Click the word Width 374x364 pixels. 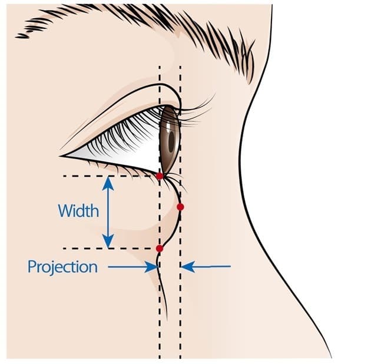coord(78,210)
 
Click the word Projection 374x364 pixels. coord(62,267)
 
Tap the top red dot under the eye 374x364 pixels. coord(160,176)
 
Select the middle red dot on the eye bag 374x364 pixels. coord(180,207)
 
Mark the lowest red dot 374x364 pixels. coord(160,249)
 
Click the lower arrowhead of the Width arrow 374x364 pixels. coord(108,242)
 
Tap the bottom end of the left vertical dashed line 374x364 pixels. coord(160,356)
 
